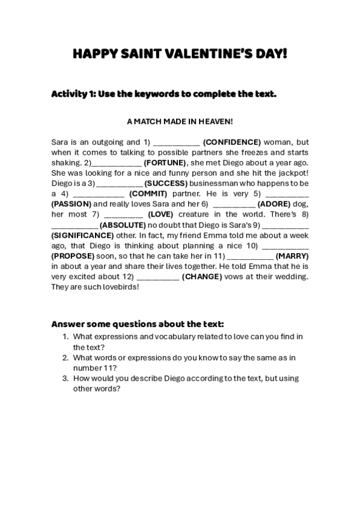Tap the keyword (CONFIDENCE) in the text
pyautogui.click(x=232, y=143)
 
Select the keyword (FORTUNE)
pyautogui.click(x=166, y=163)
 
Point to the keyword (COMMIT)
pyautogui.click(x=148, y=194)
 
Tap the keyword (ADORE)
pyautogui.click(x=274, y=204)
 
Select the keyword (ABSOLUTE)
pyautogui.click(x=123, y=224)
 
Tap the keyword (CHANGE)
pyautogui.click(x=202, y=276)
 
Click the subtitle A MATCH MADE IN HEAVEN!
pyautogui.click(x=180, y=121)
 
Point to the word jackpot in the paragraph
pyautogui.click(x=291, y=173)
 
